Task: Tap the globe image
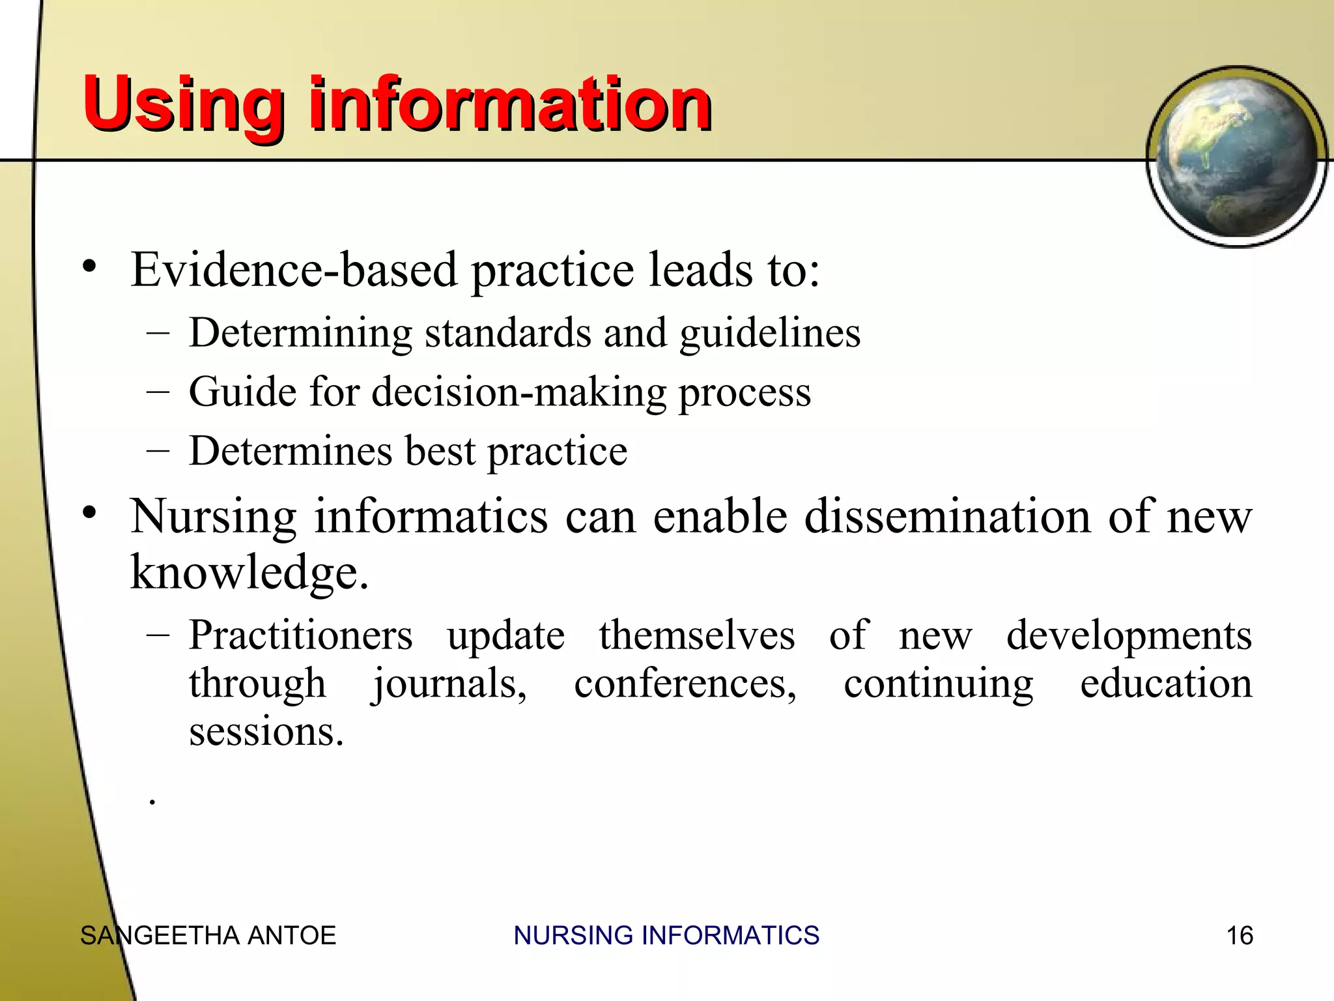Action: pyautogui.click(x=1236, y=156)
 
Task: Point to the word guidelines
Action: pyautogui.click(x=770, y=334)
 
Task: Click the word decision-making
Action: pyautogui.click(x=518, y=392)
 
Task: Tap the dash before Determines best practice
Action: pyautogui.click(x=158, y=451)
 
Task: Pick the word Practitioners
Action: pyautogui.click(x=300, y=635)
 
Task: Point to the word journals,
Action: pyautogui.click(x=449, y=684)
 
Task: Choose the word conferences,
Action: pyautogui.click(x=685, y=684)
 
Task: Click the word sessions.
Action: pyautogui.click(x=265, y=732)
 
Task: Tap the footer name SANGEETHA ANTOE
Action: pyautogui.click(x=208, y=936)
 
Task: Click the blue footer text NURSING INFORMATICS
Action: pyautogui.click(x=666, y=936)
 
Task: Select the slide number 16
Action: pyautogui.click(x=1239, y=936)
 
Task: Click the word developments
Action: pyautogui.click(x=1129, y=635)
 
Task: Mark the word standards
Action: pyautogui.click(x=507, y=333)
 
